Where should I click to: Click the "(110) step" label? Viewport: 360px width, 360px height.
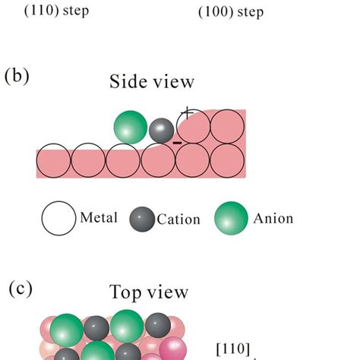pos(57,13)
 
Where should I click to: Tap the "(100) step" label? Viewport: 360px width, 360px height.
pos(233,13)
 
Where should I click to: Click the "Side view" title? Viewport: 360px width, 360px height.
pos(152,82)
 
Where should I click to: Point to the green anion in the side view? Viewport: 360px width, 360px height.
pos(131,127)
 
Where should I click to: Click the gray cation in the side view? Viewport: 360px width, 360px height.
pos(161,131)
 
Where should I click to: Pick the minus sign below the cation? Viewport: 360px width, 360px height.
pos(176,142)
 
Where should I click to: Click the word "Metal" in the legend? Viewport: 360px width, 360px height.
pos(99,219)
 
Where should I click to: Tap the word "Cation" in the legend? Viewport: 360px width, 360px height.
pos(178,219)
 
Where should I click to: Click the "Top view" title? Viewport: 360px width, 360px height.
pos(149,293)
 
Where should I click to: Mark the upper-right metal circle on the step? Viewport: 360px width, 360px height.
pos(228,126)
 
